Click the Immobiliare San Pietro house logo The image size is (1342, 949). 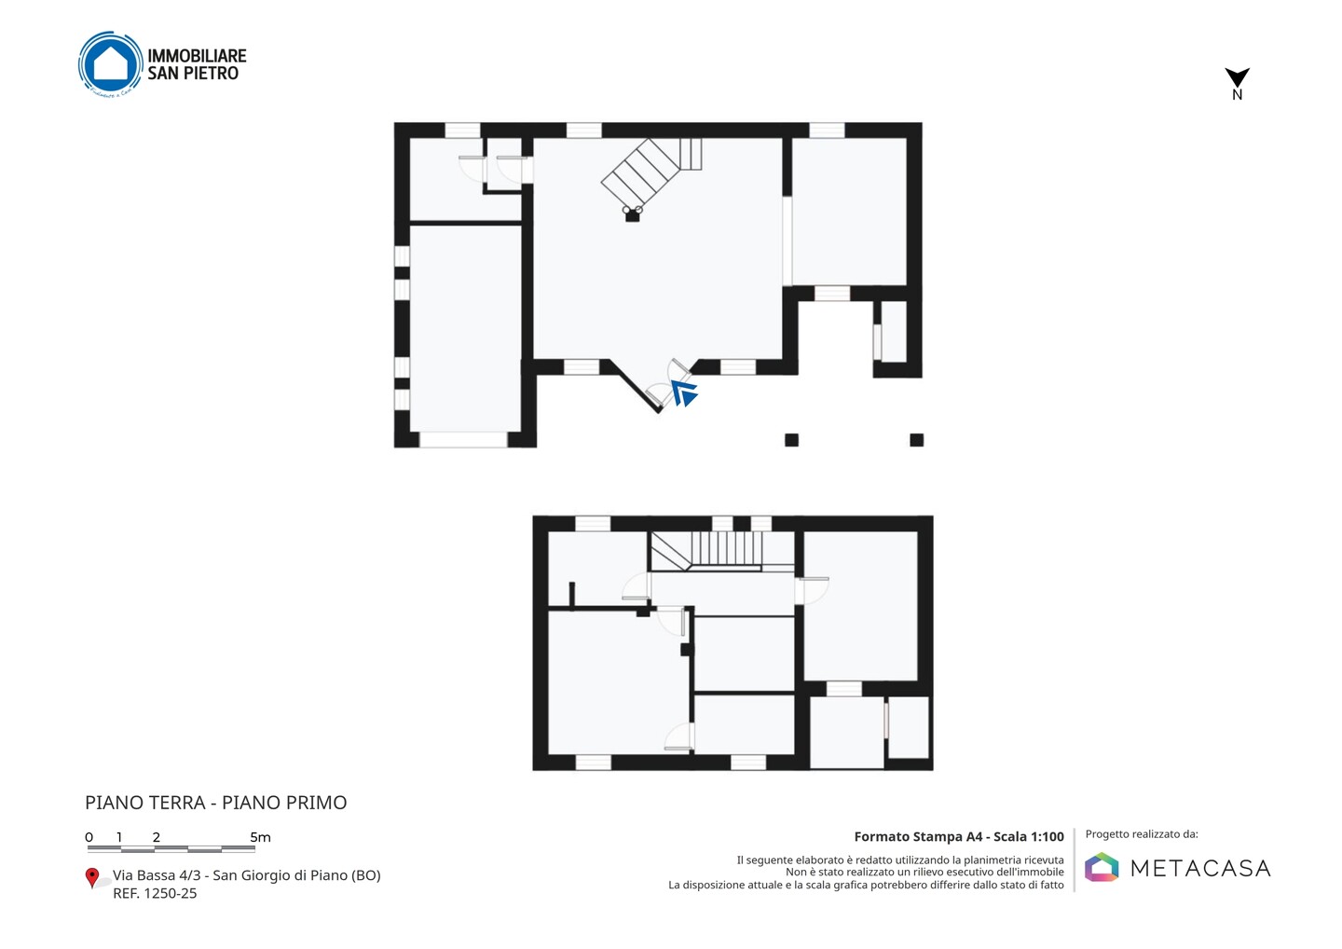pos(111,64)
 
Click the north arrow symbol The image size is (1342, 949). pos(1237,76)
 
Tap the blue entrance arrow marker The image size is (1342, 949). pos(684,393)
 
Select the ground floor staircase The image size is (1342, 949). pos(651,172)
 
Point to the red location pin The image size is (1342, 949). pos(91,878)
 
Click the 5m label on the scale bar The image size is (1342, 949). pos(261,837)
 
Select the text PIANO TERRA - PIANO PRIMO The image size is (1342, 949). pos(215,803)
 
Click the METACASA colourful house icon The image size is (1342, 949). pos(1102,867)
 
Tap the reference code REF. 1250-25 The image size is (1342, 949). pos(155,893)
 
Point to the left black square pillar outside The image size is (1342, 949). pos(791,440)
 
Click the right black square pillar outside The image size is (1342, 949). pos(917,440)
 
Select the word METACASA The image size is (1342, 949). pos(1200,868)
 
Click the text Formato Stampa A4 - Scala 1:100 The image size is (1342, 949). pos(959,836)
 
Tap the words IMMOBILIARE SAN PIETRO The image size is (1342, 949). pos(198,64)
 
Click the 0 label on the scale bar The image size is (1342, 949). pos(89,837)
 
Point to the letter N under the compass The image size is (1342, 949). pos(1238,95)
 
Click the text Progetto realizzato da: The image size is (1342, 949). pos(1142,834)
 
